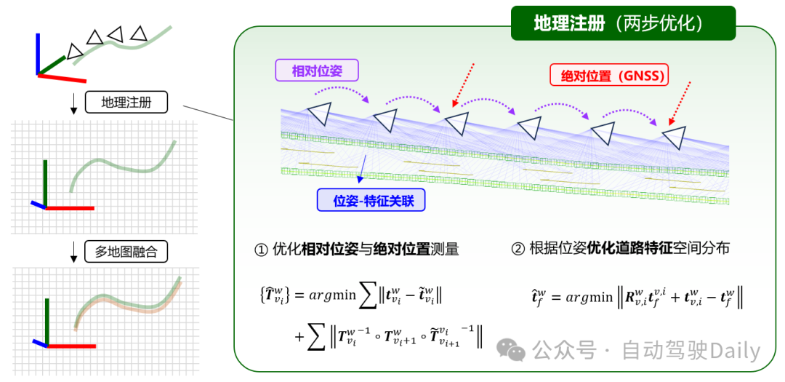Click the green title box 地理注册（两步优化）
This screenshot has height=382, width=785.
click(x=623, y=23)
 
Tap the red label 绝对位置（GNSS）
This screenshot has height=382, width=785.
click(x=608, y=75)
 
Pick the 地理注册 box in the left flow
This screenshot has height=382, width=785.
click(x=126, y=103)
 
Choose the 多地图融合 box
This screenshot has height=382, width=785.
click(x=126, y=252)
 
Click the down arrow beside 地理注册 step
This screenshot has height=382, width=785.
click(x=73, y=106)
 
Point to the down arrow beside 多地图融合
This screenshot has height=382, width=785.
click(x=73, y=254)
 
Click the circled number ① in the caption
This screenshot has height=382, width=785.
click(x=260, y=250)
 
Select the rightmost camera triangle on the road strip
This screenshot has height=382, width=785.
click(x=674, y=136)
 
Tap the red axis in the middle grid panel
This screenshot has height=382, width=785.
click(x=70, y=208)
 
